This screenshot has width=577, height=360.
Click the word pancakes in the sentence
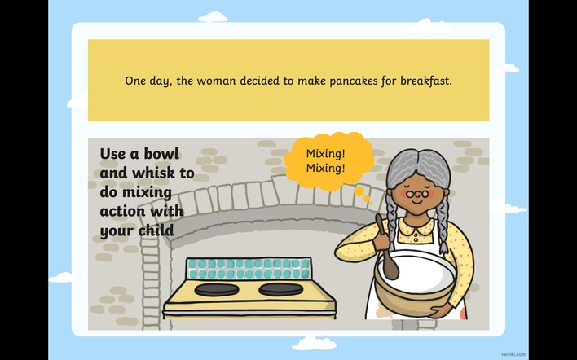(x=353, y=81)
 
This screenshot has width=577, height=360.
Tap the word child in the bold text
(x=156, y=230)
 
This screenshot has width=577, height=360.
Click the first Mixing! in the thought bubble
(x=326, y=153)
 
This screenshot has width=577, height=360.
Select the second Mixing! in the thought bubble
(x=326, y=168)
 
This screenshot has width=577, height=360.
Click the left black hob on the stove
(x=217, y=289)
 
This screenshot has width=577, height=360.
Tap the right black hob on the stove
(x=281, y=289)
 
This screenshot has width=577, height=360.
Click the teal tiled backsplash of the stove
(x=248, y=269)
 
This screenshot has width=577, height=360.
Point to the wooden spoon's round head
(x=391, y=267)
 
